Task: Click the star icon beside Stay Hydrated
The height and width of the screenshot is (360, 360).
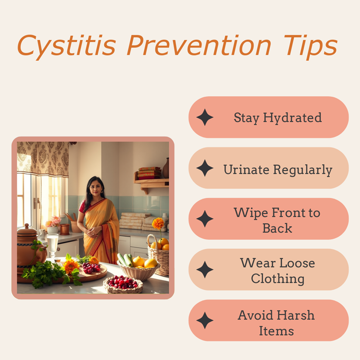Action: pos(205,117)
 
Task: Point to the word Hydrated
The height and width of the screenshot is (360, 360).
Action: pos(292,118)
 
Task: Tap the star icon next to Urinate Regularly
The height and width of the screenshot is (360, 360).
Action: pos(205,168)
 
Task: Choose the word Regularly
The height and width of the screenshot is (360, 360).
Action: pos(303,170)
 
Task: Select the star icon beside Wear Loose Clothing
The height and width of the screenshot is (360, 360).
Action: pos(205,270)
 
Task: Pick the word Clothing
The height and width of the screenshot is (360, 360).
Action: pos(278,279)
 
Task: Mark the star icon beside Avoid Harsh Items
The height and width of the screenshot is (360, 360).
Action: pos(205,320)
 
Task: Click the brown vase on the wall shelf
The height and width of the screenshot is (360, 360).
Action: pos(166,168)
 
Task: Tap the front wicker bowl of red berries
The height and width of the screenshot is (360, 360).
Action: pos(123,285)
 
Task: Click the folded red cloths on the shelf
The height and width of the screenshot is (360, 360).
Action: pos(149,173)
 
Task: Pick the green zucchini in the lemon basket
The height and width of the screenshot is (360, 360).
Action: pos(125,260)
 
